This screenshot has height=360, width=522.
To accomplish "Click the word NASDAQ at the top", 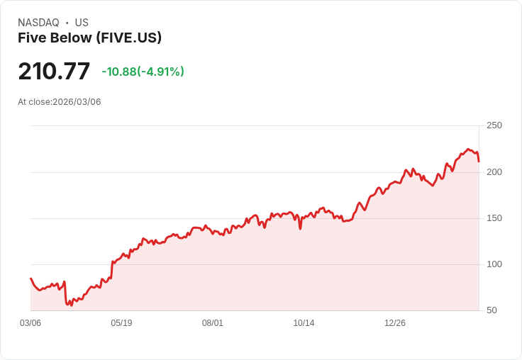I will click(38, 23).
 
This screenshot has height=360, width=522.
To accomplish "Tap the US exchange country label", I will click(82, 23).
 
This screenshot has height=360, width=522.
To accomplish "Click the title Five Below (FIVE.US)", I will click(89, 38).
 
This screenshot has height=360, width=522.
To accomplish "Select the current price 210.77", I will click(54, 72).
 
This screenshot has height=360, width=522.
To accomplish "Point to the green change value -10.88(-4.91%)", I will click(143, 72).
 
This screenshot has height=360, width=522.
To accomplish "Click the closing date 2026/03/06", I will click(77, 102).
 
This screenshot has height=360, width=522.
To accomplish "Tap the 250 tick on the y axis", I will click(494, 125).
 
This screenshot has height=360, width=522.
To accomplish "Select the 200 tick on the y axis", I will click(494, 172).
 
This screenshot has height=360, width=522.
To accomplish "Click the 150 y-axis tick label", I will click(494, 218).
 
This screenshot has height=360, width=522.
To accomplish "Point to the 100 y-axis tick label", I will click(494, 264).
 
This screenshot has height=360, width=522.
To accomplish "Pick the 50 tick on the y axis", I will click(492, 310).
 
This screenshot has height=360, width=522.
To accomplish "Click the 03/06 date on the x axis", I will click(30, 323).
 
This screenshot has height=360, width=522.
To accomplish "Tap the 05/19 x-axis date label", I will click(121, 323).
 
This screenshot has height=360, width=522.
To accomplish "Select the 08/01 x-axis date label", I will click(213, 323).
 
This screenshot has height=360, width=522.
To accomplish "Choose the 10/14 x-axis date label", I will click(304, 323).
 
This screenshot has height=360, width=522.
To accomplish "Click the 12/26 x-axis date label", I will click(395, 323).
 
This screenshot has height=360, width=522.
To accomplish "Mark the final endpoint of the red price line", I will click(479, 162).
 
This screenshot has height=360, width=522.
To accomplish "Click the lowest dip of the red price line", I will click(71, 305).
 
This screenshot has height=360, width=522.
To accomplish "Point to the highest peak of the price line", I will click(468, 149).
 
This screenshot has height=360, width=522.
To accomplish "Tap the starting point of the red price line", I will click(30, 279).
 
